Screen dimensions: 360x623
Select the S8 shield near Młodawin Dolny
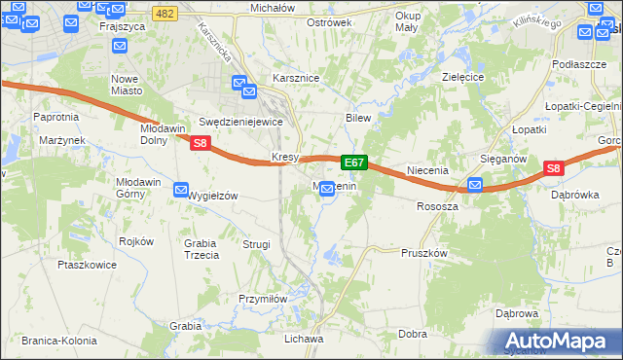pyautogui.click(x=200, y=143)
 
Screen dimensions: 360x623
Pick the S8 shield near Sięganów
pyautogui.click(x=553, y=168)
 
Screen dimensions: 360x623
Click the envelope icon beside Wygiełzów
pyautogui.click(x=181, y=190)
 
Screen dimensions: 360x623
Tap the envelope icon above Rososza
pyautogui.click(x=474, y=185)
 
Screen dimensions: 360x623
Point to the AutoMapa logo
pyautogui.click(x=559, y=341)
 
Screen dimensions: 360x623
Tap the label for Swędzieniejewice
pyautogui.click(x=240, y=123)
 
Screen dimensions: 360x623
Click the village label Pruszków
pyautogui.click(x=423, y=252)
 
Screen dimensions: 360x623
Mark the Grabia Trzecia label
pyautogui.click(x=202, y=249)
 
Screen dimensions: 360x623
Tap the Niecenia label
pyautogui.click(x=426, y=170)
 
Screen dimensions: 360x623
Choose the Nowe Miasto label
pyautogui.click(x=125, y=84)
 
